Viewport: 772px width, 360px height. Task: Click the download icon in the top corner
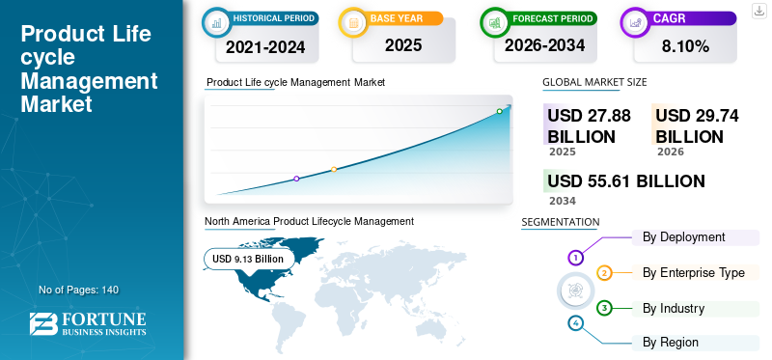point(758,11)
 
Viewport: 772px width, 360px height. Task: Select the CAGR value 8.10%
point(685,46)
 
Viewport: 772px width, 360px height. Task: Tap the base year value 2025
point(403,45)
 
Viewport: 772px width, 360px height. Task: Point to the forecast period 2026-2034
point(544,45)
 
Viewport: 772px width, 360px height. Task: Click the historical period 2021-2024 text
point(265,47)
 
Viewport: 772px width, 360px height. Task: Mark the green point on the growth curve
point(499,111)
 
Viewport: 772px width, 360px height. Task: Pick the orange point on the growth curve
point(334,170)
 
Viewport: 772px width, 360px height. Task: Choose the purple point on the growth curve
point(296,179)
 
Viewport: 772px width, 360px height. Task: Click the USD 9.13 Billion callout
point(249,259)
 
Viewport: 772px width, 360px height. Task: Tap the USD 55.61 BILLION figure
point(625,181)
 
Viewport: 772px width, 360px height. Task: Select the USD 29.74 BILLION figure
point(697,126)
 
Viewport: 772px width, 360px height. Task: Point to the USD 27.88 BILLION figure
point(589,126)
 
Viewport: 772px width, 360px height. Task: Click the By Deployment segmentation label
point(684,237)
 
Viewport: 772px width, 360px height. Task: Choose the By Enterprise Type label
point(694,273)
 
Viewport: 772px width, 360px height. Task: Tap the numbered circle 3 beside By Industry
point(604,309)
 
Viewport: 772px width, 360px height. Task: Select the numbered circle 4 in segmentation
point(575,323)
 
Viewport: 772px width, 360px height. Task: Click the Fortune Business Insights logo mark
point(43,324)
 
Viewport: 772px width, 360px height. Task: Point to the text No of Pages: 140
point(79,290)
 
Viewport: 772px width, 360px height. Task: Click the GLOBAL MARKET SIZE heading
point(594,82)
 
